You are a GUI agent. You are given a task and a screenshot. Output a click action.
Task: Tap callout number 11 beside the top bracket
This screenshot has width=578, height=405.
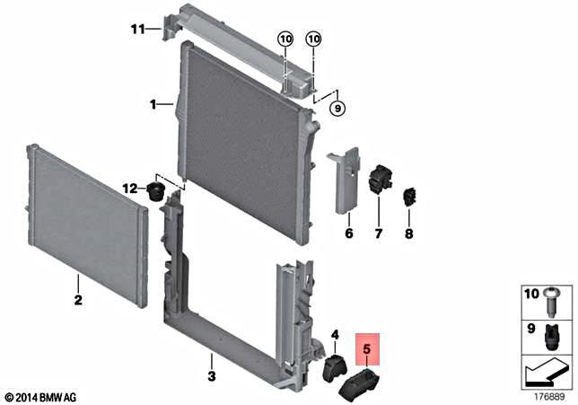pyautogui.click(x=137, y=29)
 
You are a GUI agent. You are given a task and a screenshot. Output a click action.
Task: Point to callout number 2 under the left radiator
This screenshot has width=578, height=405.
pyautogui.click(x=78, y=301)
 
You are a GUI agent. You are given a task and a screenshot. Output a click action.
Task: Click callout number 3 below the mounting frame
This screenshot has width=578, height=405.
pyautogui.click(x=211, y=374)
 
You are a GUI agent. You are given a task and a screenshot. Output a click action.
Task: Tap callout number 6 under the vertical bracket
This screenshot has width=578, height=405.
pyautogui.click(x=349, y=234)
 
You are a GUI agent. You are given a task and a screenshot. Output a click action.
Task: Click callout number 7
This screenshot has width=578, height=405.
pyautogui.click(x=379, y=234)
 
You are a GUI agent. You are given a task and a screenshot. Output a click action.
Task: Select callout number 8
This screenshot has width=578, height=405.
pyautogui.click(x=409, y=234)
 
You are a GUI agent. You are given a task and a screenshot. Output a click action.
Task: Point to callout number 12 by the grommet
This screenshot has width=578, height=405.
pyautogui.click(x=131, y=189)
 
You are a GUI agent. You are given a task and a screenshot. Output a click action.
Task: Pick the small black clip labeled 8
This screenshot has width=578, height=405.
pyautogui.click(x=413, y=195)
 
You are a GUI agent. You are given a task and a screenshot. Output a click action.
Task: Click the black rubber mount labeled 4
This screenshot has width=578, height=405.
pyautogui.click(x=335, y=368)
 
